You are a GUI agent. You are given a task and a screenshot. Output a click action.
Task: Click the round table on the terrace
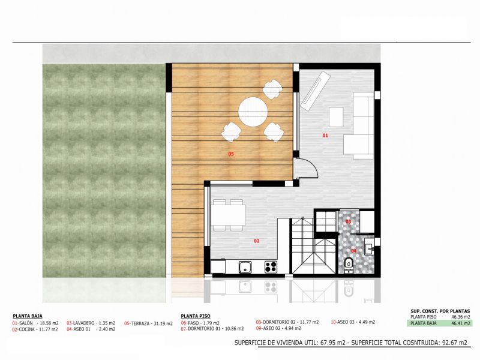click(253, 112)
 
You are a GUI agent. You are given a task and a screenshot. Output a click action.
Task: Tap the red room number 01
click(325, 136)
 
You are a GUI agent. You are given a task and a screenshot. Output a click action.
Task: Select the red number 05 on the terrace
click(231, 154)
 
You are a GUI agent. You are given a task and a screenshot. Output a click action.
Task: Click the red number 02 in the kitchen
click(257, 241)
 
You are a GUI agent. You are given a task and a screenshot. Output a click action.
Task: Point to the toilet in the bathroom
click(349, 265)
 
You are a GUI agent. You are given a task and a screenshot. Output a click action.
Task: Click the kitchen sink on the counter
click(245, 267)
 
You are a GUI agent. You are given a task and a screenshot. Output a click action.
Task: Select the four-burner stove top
click(271, 267)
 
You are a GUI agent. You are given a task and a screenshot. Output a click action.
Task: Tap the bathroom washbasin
click(369, 247)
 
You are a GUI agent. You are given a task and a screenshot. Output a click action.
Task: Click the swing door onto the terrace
click(306, 168)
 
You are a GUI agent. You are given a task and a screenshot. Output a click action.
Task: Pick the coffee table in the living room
click(336, 116)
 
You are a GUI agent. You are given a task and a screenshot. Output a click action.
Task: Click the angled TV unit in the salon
click(314, 89)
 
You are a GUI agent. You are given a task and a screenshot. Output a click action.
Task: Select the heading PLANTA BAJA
click(28, 316)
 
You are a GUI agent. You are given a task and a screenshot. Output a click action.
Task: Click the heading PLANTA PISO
click(196, 316)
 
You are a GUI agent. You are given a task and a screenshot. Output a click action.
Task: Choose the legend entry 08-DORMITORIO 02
click(277, 322)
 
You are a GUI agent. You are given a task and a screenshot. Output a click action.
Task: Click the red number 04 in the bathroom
click(353, 251)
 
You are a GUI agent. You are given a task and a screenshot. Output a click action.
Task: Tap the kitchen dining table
click(228, 215)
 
